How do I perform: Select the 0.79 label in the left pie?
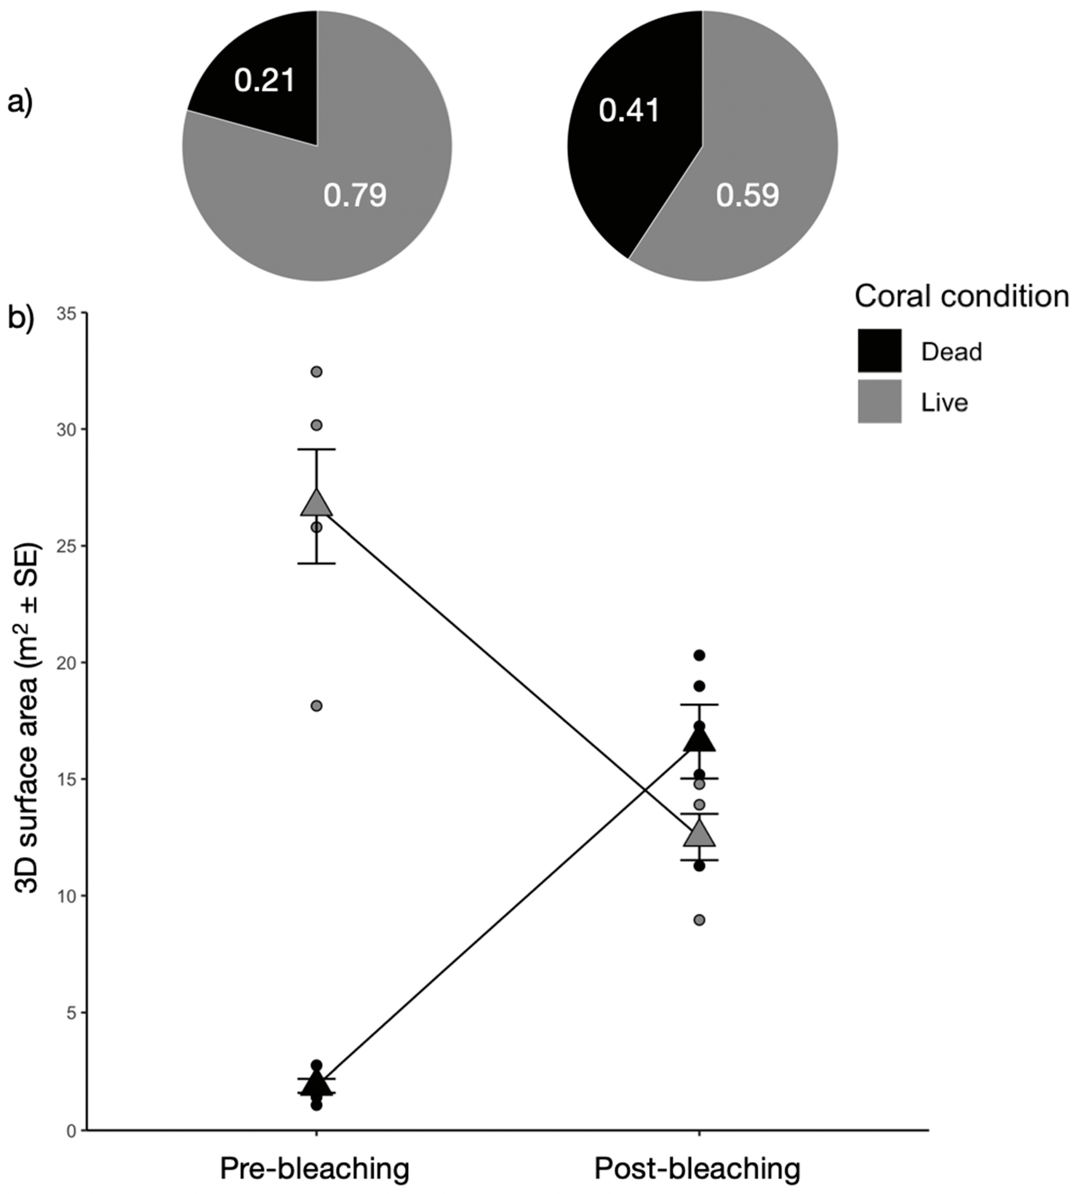pyautogui.click(x=355, y=195)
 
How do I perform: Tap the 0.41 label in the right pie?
pyautogui.click(x=629, y=111)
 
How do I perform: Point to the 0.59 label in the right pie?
pyautogui.click(x=748, y=195)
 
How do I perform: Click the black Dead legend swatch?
pyautogui.click(x=880, y=351)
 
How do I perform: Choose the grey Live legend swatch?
pyautogui.click(x=880, y=402)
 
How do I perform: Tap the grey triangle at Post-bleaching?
pyautogui.click(x=700, y=834)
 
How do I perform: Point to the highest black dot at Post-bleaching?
pyautogui.click(x=700, y=655)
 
